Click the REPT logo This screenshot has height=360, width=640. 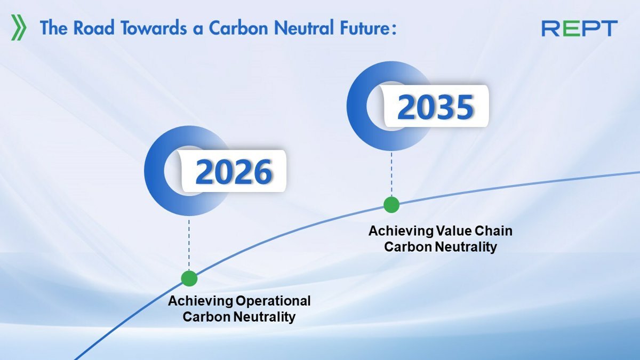(580, 28)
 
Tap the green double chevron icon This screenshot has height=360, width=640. (19, 27)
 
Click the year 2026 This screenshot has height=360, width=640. (234, 172)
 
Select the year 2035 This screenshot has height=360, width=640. (435, 107)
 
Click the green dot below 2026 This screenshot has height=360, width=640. (189, 278)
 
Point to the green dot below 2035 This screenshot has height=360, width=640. (391, 205)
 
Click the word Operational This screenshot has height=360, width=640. (273, 301)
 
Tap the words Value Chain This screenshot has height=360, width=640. (474, 231)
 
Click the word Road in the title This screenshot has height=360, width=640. (94, 28)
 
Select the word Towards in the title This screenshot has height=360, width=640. (154, 28)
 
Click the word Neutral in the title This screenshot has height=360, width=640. (303, 28)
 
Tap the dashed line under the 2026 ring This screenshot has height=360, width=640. (189, 245)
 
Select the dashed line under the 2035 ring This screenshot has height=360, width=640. (391, 174)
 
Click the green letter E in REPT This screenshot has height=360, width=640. (570, 28)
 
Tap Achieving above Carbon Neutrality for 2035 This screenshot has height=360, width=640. (401, 231)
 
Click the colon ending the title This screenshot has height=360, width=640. (394, 29)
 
